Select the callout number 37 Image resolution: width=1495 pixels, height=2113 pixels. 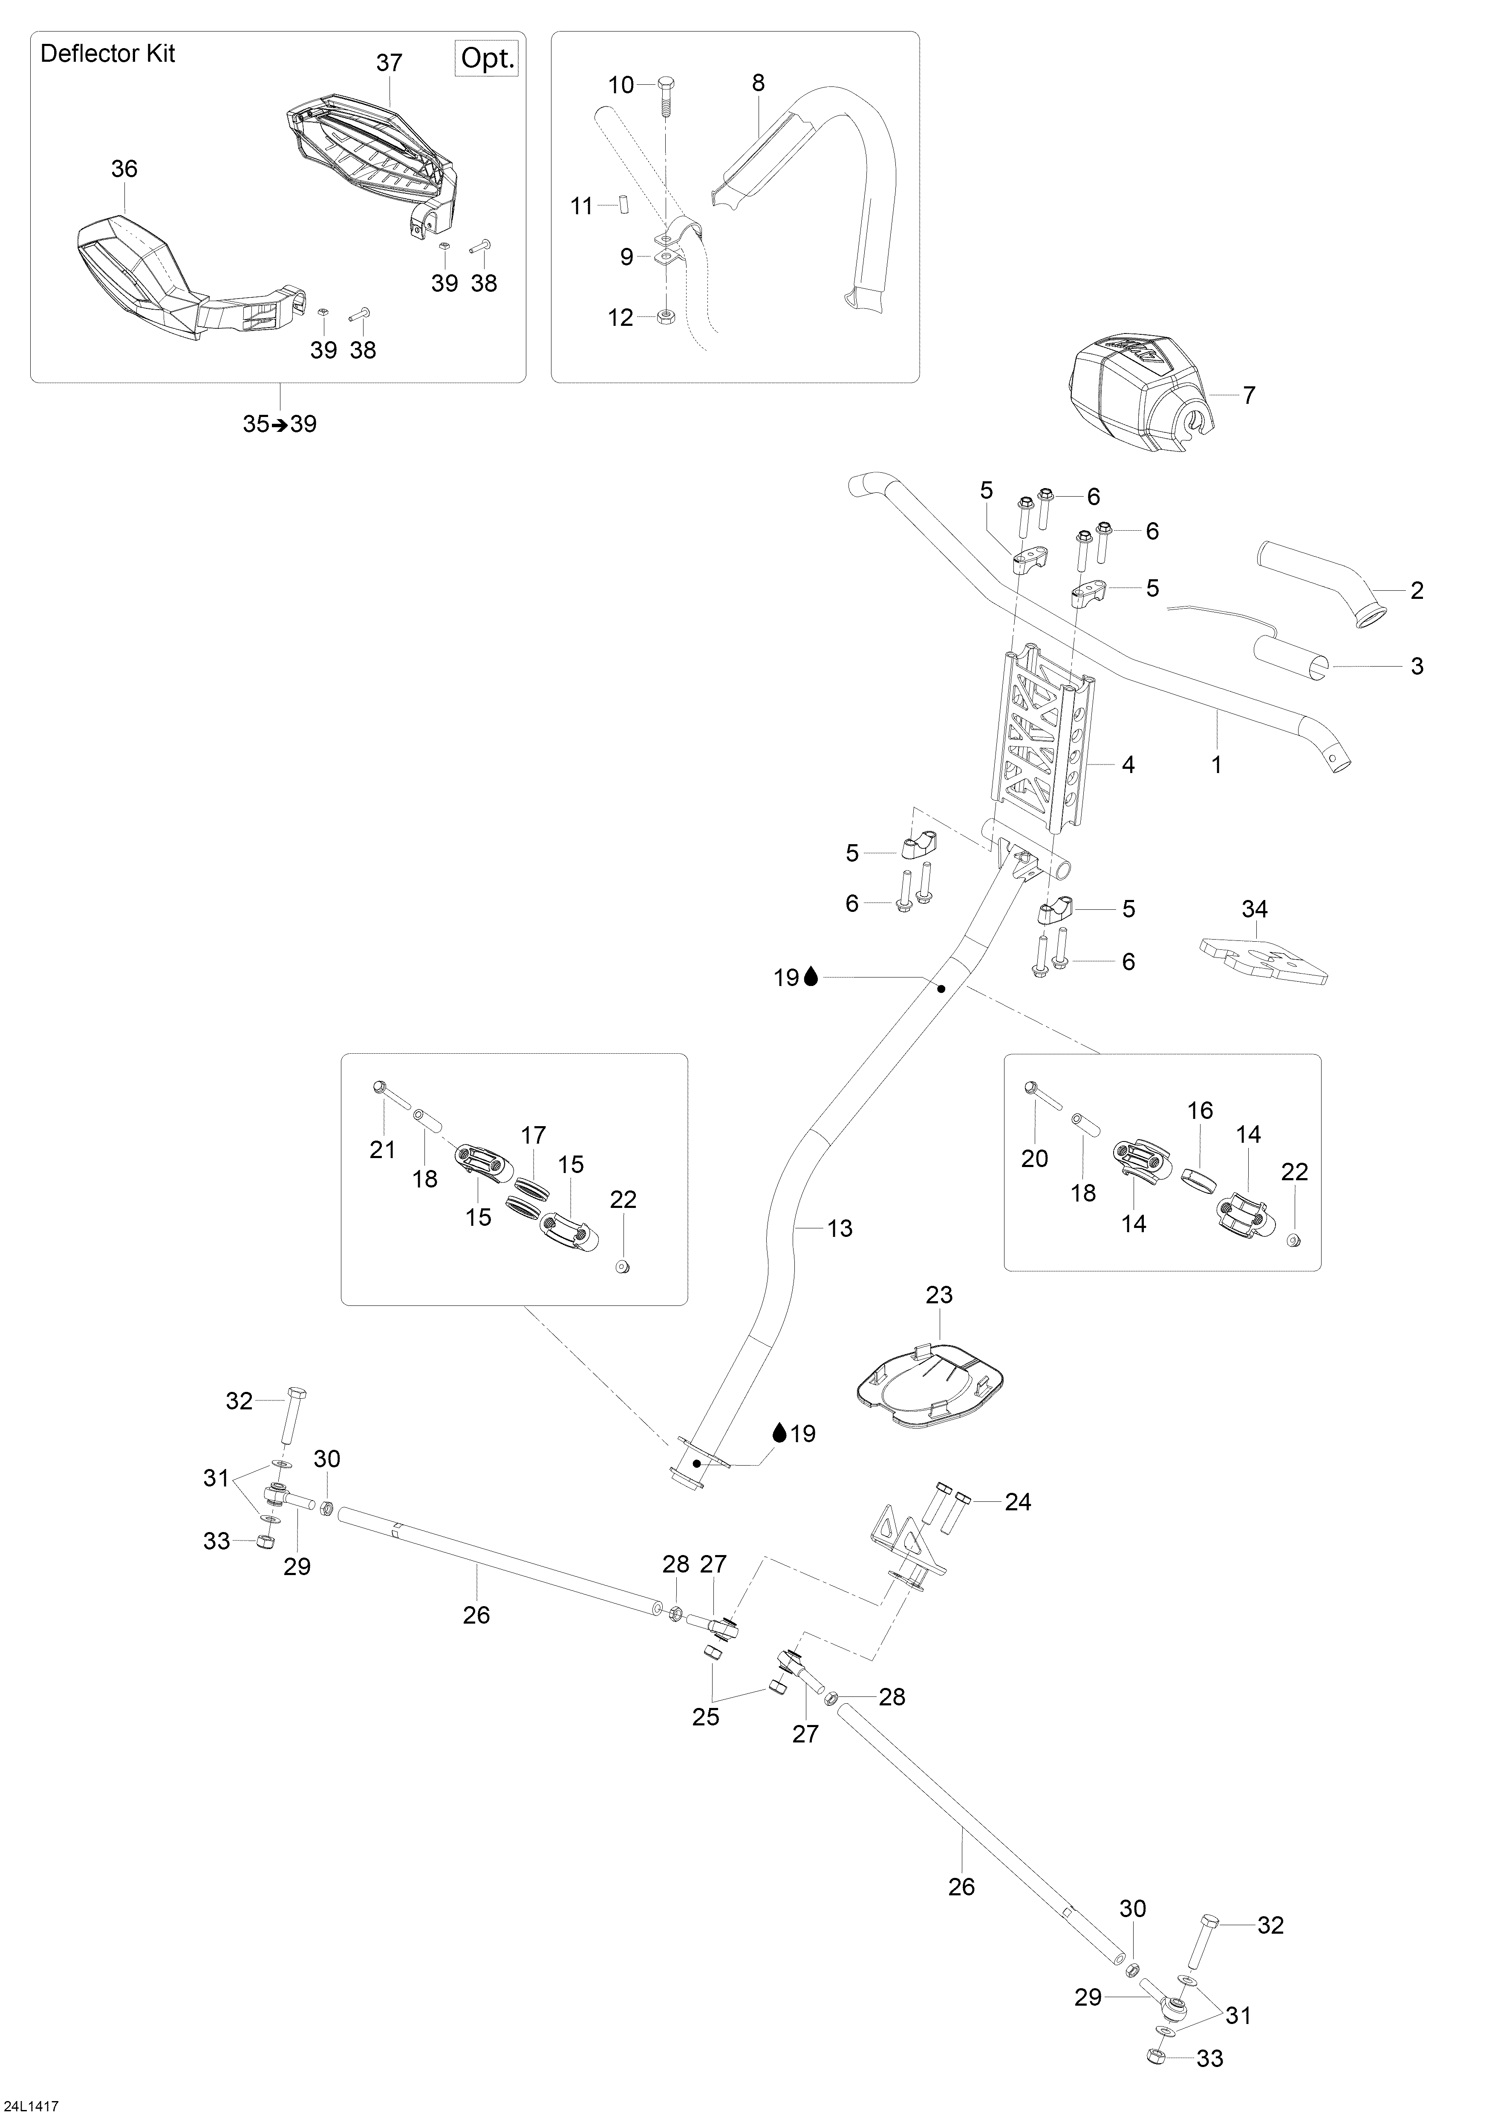[390, 63]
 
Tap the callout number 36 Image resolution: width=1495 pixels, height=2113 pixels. [124, 168]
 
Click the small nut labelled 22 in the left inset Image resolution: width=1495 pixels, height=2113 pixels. [622, 1268]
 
